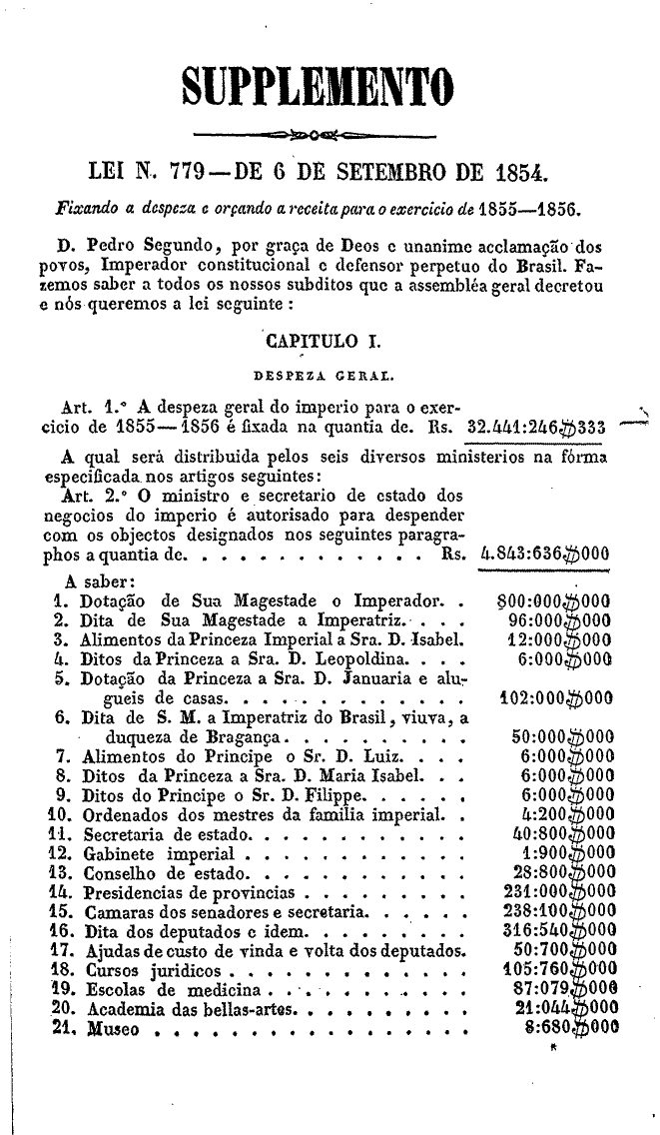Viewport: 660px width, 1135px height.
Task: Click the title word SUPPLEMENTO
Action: [x=317, y=88]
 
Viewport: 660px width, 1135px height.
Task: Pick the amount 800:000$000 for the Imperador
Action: [x=553, y=601]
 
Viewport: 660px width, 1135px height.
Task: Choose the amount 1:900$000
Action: [x=566, y=826]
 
